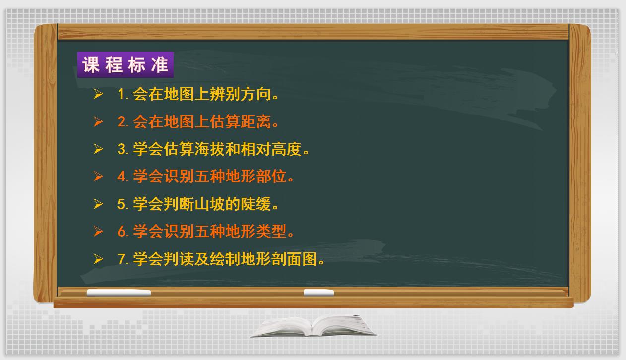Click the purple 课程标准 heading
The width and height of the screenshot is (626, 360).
tap(125, 65)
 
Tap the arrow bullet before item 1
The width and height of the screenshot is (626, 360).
tap(98, 94)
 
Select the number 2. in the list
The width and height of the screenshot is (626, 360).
tap(123, 122)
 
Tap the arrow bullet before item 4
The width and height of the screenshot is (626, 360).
tap(98, 177)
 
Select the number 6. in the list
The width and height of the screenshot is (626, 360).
tap(123, 232)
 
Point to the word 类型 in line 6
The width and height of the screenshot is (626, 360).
tap(270, 232)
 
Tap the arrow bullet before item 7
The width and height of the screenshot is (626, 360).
tap(98, 259)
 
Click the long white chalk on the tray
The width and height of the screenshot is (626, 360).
tap(119, 293)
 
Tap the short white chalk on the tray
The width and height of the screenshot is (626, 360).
tap(318, 293)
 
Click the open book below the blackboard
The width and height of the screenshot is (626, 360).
tap(313, 326)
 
